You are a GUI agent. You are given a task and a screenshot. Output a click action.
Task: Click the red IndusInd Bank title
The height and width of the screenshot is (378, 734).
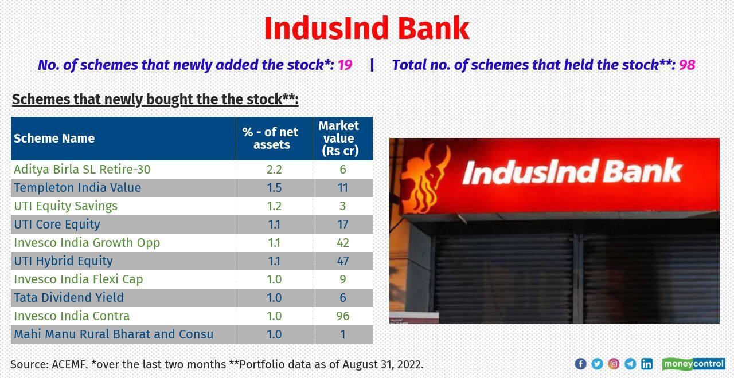[x=366, y=29]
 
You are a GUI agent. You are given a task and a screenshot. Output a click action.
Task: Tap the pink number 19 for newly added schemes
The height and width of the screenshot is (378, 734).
[x=345, y=65]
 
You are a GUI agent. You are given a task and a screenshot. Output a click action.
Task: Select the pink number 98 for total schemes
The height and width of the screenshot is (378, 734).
[x=686, y=65]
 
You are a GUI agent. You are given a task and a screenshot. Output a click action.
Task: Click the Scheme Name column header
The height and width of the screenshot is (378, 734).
[x=54, y=139]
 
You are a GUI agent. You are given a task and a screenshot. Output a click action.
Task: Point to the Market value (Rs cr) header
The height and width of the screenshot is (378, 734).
[x=339, y=138]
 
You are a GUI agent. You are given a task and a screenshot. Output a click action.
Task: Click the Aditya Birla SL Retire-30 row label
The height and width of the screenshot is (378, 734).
[x=82, y=170]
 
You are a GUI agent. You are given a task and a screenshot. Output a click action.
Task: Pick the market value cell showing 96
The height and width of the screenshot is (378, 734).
[x=343, y=316]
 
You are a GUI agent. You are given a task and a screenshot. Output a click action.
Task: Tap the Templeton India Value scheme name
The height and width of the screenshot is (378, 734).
[x=77, y=188]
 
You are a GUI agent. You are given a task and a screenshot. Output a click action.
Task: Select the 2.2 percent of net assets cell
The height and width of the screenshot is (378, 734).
[x=274, y=170]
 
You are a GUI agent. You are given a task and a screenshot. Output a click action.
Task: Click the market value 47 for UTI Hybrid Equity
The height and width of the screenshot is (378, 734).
[x=343, y=261]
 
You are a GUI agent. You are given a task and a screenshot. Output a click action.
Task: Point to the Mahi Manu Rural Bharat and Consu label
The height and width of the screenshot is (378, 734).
[x=114, y=334]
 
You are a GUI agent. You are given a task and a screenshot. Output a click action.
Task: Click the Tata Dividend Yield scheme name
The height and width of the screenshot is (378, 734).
[x=69, y=298]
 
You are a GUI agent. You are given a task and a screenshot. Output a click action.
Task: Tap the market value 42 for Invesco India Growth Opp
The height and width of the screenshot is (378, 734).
[x=343, y=243]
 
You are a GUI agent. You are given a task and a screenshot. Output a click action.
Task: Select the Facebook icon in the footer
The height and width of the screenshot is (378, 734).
[x=580, y=364]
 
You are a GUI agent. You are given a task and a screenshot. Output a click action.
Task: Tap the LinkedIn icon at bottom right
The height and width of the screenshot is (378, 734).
[x=647, y=364]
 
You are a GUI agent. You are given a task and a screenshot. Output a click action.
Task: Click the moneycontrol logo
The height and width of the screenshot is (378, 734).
[x=693, y=364]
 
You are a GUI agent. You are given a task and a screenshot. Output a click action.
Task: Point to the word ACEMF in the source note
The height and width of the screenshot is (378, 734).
[x=69, y=364]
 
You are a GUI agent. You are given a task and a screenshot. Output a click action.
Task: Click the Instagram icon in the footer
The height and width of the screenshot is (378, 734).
[x=614, y=364]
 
